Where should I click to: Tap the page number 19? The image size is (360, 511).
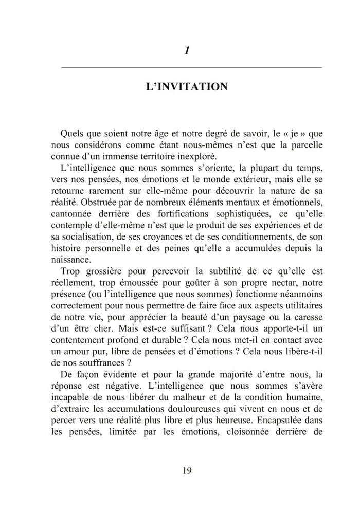click(x=187, y=471)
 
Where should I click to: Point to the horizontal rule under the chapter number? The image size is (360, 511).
click(x=191, y=68)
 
